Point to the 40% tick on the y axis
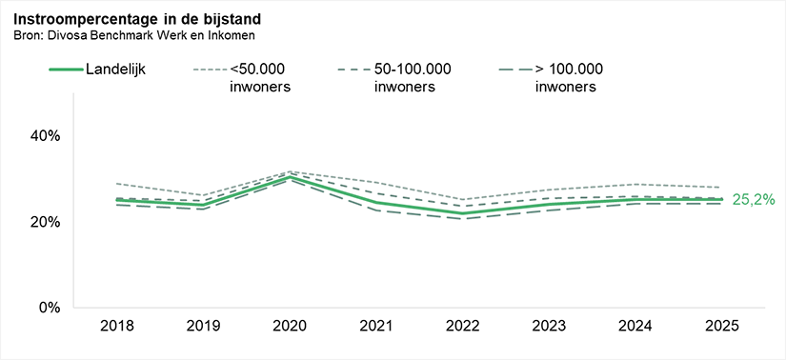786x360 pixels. pyautogui.click(x=45, y=136)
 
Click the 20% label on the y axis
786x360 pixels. pyautogui.click(x=45, y=222)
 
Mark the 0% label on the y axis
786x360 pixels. pyautogui.click(x=49, y=308)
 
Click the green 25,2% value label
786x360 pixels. pyautogui.click(x=753, y=200)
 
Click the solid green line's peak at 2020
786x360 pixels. pyautogui.click(x=290, y=177)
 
